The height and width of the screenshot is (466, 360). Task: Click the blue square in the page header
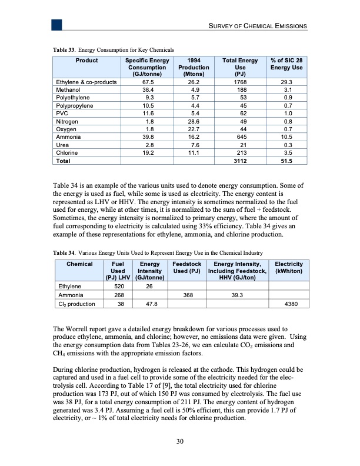[57, 24]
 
